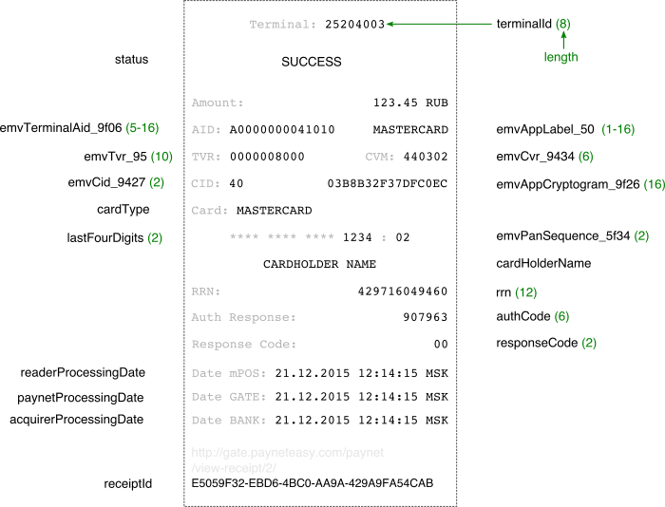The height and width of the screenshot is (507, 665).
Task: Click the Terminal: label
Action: [282, 25]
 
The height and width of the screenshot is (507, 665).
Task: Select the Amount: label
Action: [218, 103]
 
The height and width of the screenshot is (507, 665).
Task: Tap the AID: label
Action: [206, 129]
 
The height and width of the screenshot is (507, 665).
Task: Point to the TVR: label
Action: [206, 157]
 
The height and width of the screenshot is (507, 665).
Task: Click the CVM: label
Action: [380, 157]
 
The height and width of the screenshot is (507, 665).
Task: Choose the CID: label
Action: [206, 183]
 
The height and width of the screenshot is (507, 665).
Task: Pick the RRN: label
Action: [206, 291]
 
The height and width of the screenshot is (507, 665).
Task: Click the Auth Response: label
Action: [243, 317]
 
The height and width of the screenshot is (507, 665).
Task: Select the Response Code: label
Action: [243, 345]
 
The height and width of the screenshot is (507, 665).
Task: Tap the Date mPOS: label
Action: [229, 373]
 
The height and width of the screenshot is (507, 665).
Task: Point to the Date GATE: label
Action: [229, 397]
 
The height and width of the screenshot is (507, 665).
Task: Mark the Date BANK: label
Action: [229, 421]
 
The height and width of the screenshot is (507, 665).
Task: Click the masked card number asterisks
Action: [281, 237]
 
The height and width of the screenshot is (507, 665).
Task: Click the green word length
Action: [560, 57]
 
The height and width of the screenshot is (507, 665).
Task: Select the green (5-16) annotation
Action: [142, 128]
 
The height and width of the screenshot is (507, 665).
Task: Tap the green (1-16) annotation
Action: [617, 129]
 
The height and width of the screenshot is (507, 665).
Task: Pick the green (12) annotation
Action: [525, 293]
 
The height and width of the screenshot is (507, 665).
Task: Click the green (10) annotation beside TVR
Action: [161, 157]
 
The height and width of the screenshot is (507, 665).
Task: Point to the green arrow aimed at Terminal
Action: [439, 24]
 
